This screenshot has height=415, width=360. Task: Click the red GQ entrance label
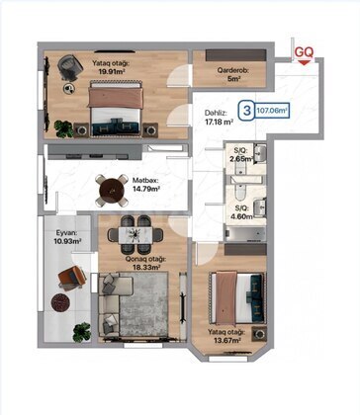tap(304, 52)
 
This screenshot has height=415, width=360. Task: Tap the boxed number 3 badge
tap(247, 111)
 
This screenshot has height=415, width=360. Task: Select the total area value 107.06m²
tap(271, 111)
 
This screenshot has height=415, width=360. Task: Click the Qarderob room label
tap(232, 74)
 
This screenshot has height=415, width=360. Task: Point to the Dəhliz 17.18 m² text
tap(219, 118)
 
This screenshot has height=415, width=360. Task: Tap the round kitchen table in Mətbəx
tap(112, 191)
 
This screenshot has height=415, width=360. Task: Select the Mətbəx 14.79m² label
tap(146, 185)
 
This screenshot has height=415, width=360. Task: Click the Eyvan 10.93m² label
tap(67, 237)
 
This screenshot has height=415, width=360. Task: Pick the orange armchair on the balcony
tap(72, 278)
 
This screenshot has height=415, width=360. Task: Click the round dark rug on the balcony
tap(60, 302)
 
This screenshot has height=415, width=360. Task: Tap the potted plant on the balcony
tap(82, 332)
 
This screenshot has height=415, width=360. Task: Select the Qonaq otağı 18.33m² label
tap(145, 263)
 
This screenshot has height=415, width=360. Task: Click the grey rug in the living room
tap(143, 304)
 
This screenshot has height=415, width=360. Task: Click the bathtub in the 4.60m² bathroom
tap(245, 233)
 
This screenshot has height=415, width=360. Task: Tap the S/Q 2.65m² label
tap(243, 155)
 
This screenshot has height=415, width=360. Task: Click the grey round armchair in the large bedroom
tap(69, 66)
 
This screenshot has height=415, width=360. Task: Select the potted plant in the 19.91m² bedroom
tap(63, 128)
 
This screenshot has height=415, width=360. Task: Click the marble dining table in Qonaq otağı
tap(135, 234)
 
